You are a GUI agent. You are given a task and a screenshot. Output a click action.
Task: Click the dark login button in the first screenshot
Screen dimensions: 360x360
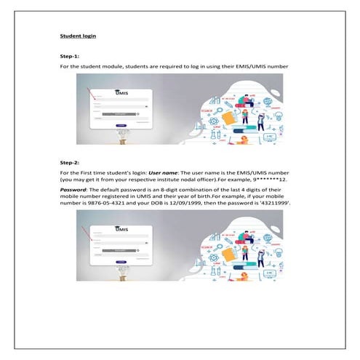pos(121,124)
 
